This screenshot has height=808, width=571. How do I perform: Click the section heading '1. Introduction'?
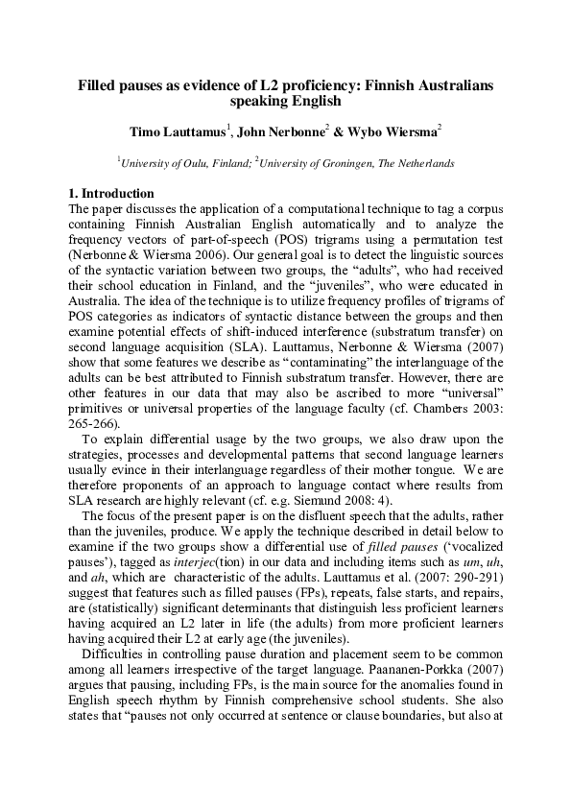coord(113,194)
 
